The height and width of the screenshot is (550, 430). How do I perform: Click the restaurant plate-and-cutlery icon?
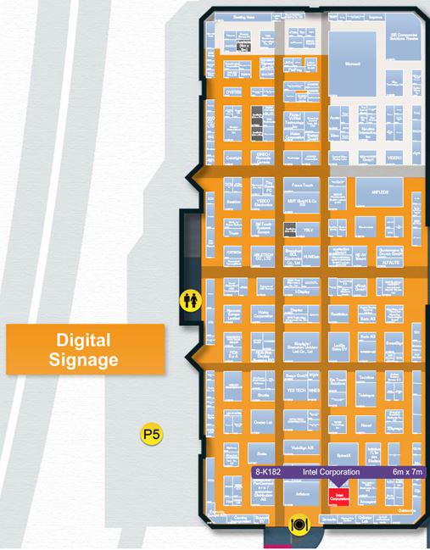[x=298, y=524]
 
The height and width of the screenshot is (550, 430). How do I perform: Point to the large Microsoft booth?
[x=351, y=61]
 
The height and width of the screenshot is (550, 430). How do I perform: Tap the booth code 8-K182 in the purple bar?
[x=270, y=472]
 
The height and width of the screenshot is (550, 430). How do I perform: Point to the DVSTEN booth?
[x=233, y=91]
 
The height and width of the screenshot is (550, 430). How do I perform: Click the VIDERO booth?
[x=395, y=158]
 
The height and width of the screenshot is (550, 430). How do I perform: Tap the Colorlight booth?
[x=233, y=158]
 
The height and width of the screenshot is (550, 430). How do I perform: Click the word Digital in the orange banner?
[x=83, y=340]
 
